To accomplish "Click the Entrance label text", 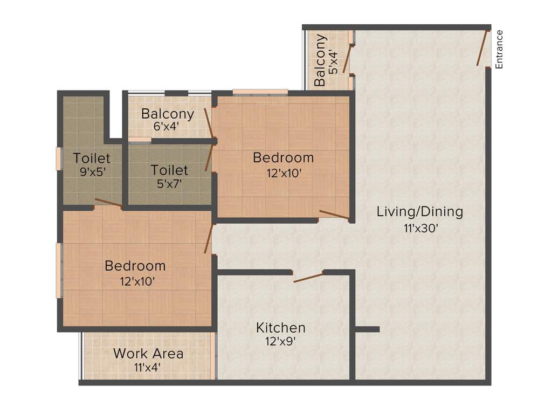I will click(499, 49).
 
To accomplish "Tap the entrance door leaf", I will click(482, 48).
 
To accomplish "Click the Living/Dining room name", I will click(419, 211).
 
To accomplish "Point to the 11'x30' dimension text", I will click(420, 227).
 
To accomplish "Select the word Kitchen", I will click(280, 327).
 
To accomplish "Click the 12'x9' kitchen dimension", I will click(280, 341).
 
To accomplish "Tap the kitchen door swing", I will click(308, 277).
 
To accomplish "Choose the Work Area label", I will click(148, 354).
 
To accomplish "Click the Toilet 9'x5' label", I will click(92, 158).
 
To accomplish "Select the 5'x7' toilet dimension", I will click(169, 183).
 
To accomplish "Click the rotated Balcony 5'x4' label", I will click(320, 60).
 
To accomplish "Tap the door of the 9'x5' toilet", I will click(108, 203).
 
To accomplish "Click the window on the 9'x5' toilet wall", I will click(59, 158).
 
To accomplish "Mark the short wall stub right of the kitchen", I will click(368, 329).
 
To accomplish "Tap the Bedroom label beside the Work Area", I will click(135, 266).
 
